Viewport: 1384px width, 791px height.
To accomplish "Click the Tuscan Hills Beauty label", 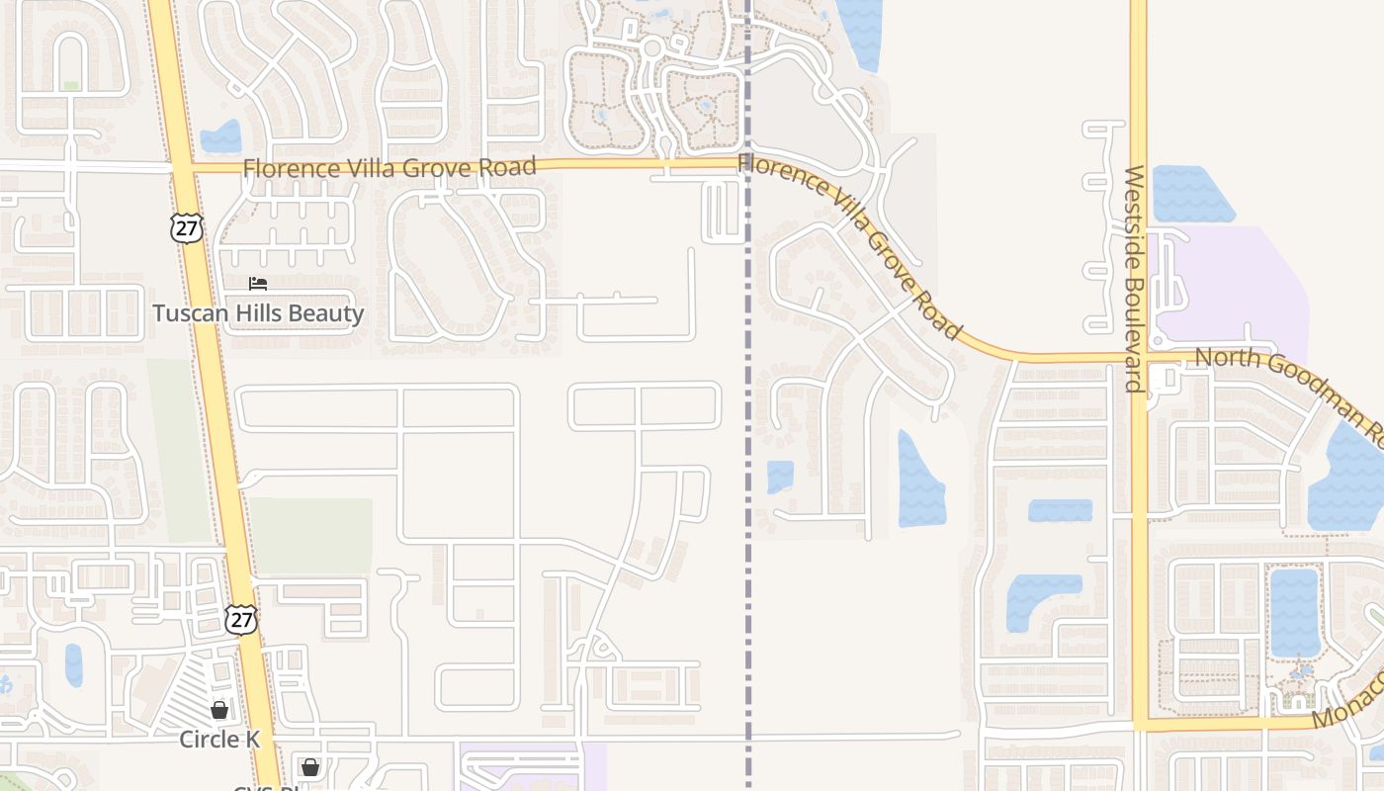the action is pyautogui.click(x=258, y=314).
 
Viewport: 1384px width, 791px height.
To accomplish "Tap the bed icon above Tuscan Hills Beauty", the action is pyautogui.click(x=258, y=285).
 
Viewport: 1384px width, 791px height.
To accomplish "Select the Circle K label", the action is pyautogui.click(x=218, y=740).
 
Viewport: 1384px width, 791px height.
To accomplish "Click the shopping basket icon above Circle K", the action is pyautogui.click(x=219, y=710).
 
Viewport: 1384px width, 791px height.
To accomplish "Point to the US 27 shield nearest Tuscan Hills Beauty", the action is pyautogui.click(x=186, y=227).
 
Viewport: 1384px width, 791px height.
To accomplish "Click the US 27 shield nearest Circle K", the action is pyautogui.click(x=240, y=619).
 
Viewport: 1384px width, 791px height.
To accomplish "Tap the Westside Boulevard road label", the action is pyautogui.click(x=1134, y=279).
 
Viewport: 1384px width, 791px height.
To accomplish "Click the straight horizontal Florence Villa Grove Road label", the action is pyautogui.click(x=389, y=168).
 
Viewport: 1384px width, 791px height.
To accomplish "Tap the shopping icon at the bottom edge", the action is pyautogui.click(x=310, y=767).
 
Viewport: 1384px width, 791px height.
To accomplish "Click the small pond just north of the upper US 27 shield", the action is pyautogui.click(x=220, y=136).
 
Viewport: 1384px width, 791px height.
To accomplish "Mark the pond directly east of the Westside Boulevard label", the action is pyautogui.click(x=1190, y=194).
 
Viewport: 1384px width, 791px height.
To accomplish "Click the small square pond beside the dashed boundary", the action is pyautogui.click(x=780, y=477).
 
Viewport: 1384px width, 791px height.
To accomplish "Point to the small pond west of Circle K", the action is pyautogui.click(x=74, y=664).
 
